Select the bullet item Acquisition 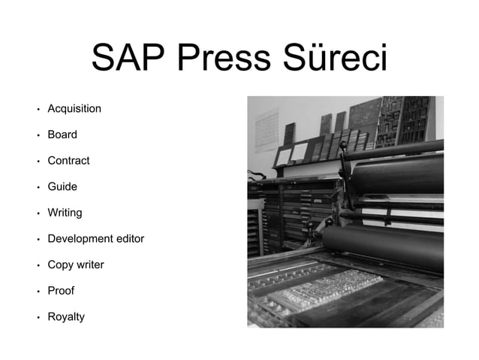pos(74,109)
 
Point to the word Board pos(62,135)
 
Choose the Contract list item pos(68,161)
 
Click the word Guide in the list pos(62,187)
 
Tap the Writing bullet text pos(65,213)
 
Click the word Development pos(80,239)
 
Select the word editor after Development pos(130,239)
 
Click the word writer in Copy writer pos(90,265)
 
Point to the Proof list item pos(61,291)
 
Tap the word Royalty pos(66,316)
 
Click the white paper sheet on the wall pos(266,129)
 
